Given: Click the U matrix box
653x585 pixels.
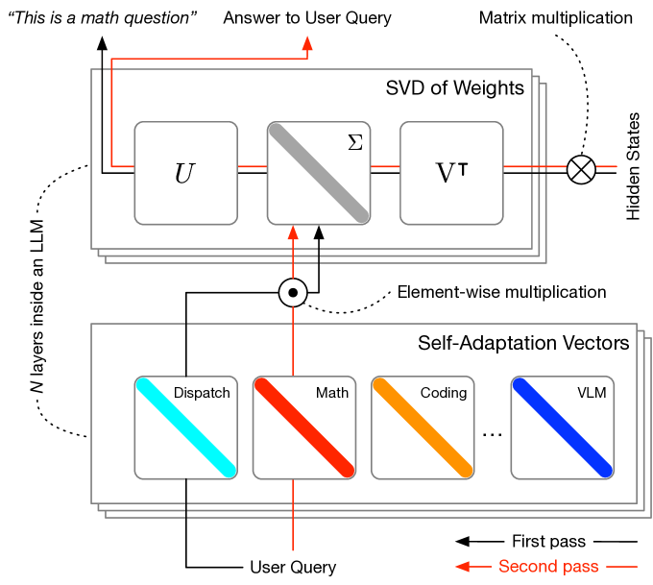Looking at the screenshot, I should click(185, 173).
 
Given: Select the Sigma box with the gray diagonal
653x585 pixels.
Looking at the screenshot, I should click(318, 173).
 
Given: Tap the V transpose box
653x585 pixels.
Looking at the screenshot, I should click(451, 173).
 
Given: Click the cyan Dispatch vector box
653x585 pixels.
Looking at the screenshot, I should click(185, 427).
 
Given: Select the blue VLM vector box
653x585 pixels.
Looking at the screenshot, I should click(562, 427).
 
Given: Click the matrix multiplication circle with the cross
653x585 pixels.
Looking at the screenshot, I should click(580, 169).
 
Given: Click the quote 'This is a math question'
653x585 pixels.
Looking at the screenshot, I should click(102, 18).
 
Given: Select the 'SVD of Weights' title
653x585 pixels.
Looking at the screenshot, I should click(454, 88).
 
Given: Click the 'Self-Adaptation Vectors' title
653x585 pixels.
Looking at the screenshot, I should click(523, 343).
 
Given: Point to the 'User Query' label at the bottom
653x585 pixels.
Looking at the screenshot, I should click(292, 567).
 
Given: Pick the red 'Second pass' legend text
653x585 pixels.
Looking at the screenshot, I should click(548, 567).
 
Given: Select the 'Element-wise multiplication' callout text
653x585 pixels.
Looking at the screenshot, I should click(501, 292).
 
